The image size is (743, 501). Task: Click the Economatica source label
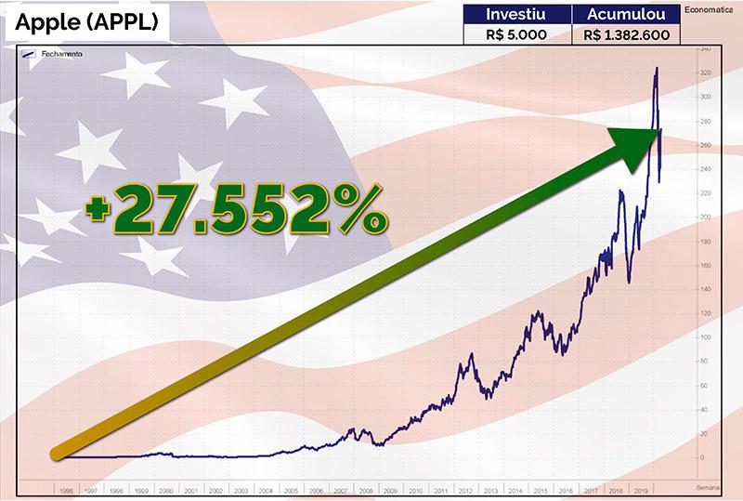(x=711, y=10)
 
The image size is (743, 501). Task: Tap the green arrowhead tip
(x=660, y=131)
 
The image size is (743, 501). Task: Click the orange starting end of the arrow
(x=57, y=453)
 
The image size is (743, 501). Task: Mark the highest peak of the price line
(x=658, y=68)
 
